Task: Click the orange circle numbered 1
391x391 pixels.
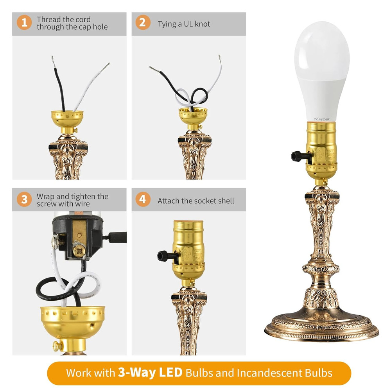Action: tap(24, 23)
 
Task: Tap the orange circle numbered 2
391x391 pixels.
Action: tap(143, 23)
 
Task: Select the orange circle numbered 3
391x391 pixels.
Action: tap(24, 199)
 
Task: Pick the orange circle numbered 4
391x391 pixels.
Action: tap(143, 199)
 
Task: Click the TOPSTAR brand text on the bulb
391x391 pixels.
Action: tap(321, 120)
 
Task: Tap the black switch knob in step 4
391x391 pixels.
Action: tap(163, 256)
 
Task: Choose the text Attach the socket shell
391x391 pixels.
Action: tap(195, 201)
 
